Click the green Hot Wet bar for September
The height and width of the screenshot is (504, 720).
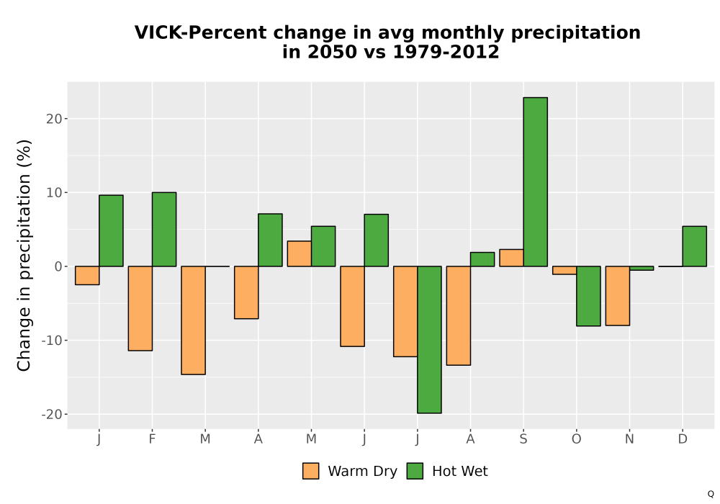click(x=536, y=181)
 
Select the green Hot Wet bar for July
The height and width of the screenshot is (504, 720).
click(x=429, y=340)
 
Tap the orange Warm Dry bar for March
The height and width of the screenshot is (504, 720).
click(x=193, y=320)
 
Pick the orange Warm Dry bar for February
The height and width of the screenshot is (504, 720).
click(x=140, y=308)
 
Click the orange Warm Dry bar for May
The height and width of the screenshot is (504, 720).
click(x=300, y=253)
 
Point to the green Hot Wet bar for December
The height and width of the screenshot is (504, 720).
click(x=694, y=246)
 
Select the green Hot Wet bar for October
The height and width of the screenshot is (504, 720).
click(x=588, y=296)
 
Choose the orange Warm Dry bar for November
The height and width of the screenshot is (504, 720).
click(x=618, y=296)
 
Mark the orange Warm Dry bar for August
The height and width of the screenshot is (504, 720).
click(x=458, y=316)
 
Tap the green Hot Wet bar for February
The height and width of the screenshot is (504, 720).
click(x=164, y=229)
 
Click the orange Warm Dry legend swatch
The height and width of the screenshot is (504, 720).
click(x=311, y=471)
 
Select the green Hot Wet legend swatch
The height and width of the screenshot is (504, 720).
click(x=415, y=471)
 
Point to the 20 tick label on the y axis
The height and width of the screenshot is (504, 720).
click(x=54, y=118)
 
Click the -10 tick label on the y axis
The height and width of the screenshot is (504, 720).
click(x=51, y=340)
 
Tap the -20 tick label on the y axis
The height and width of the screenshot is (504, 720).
click(x=51, y=414)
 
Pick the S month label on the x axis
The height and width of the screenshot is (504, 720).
click(x=523, y=439)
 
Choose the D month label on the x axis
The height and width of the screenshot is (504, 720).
click(x=683, y=439)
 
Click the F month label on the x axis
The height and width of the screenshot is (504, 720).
click(x=152, y=439)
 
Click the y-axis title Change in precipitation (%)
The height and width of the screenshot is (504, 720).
click(x=24, y=255)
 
